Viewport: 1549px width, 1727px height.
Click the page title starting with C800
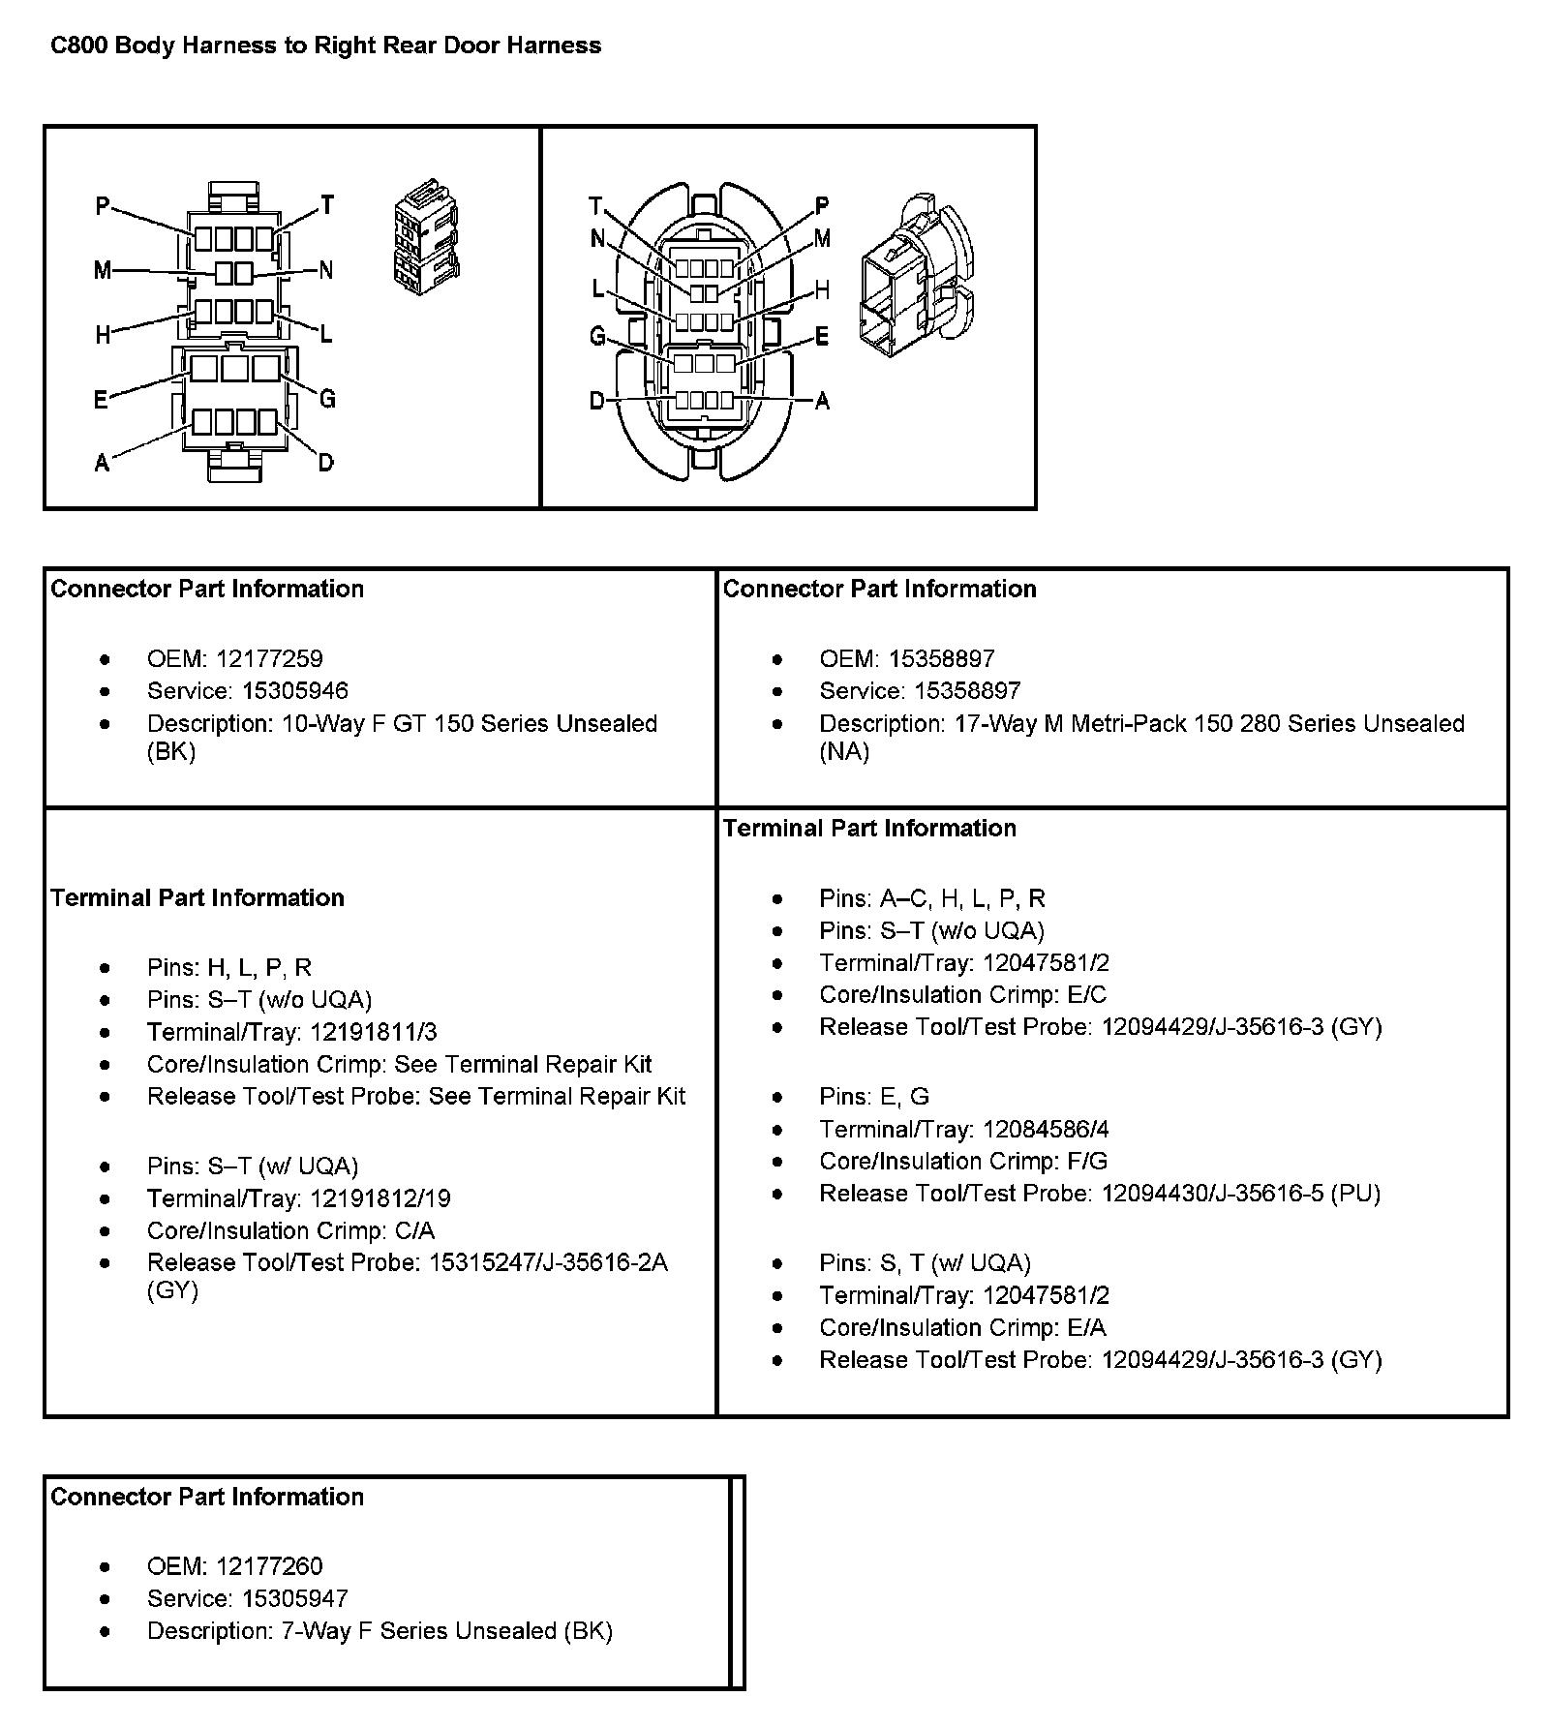(325, 45)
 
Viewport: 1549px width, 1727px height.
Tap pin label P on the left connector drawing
(103, 205)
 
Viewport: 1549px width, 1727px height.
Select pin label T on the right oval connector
(595, 205)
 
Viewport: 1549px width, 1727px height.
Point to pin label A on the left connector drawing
(102, 463)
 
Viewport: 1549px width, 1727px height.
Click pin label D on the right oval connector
(597, 401)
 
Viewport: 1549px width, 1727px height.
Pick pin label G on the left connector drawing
(327, 398)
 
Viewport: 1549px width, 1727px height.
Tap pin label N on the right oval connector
(597, 239)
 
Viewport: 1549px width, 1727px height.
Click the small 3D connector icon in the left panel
(426, 235)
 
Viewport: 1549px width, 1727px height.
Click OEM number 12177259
(269, 659)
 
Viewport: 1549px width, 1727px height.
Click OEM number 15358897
(941, 659)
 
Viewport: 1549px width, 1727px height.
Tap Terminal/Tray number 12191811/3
(380, 1032)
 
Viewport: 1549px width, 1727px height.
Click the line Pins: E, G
(873, 1097)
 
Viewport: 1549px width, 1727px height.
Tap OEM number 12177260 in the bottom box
(269, 1566)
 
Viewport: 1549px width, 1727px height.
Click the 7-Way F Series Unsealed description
(446, 1631)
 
